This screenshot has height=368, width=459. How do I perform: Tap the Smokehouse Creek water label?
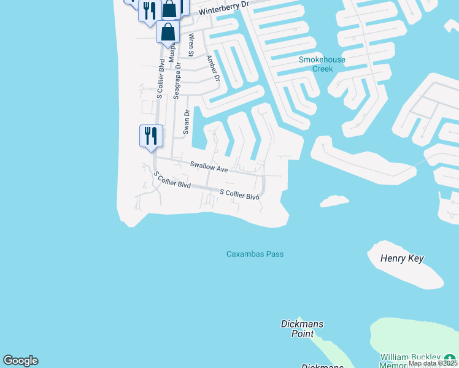point(322,64)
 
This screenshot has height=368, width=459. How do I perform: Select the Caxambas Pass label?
point(255,254)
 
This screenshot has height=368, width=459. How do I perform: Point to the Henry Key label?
point(402,259)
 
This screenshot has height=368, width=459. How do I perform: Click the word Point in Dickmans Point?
point(303,334)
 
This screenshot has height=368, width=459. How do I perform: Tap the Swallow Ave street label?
point(209,167)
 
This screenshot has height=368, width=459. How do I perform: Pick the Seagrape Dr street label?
point(177,80)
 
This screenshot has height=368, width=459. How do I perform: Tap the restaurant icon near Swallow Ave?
point(151,135)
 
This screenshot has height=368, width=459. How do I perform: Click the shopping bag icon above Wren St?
point(168,31)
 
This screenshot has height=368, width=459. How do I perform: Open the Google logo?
point(20,361)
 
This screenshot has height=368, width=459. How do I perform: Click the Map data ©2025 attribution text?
point(433,363)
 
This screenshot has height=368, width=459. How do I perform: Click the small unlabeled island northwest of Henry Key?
point(334,201)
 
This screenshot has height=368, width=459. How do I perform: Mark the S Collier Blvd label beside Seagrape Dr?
point(160,79)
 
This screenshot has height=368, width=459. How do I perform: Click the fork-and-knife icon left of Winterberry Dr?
point(149,10)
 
